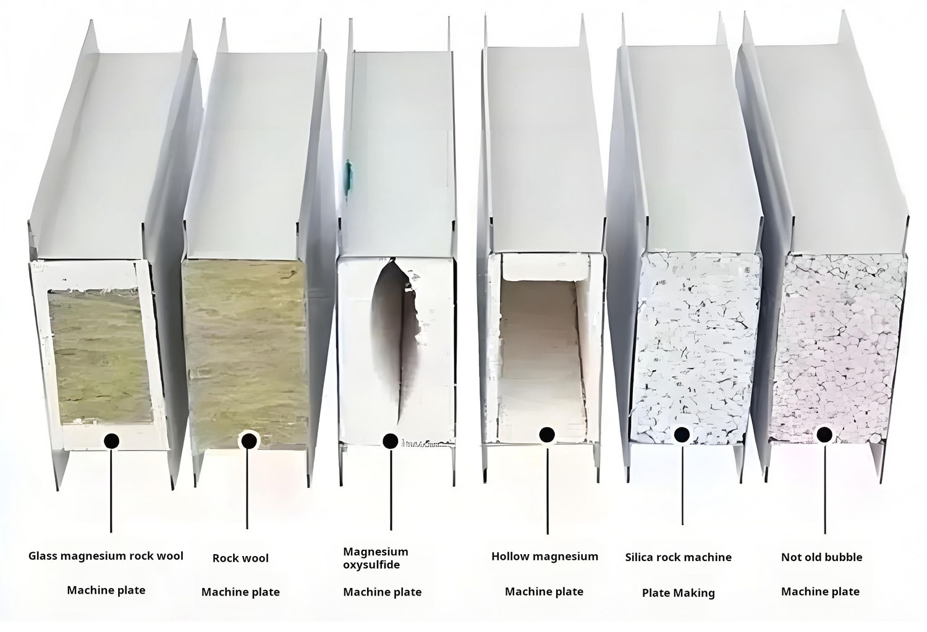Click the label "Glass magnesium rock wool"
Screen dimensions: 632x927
coord(106,556)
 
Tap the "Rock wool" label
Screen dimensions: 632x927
coord(240,558)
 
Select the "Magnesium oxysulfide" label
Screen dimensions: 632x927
coord(376,558)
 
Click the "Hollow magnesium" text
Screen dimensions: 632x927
coord(544,557)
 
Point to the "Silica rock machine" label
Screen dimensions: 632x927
coord(678,557)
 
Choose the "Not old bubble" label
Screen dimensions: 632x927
coord(821,557)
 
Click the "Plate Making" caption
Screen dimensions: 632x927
coord(678,593)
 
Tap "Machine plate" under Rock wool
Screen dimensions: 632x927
coord(240,592)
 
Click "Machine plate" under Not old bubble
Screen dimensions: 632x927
coord(820,591)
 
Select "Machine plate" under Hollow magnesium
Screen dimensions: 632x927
coord(544,591)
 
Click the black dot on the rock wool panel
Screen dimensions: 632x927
coord(248,440)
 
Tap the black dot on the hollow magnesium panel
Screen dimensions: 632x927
coord(546,435)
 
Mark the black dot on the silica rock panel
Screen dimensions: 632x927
coord(682,435)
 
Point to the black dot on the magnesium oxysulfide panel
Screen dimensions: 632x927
coord(390,441)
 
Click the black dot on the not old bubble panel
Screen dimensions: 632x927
coord(823,435)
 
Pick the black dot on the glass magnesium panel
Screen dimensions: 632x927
coord(112,440)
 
